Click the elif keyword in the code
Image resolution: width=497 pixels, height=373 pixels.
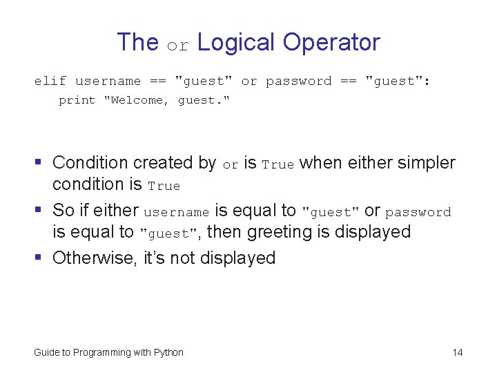click(50, 82)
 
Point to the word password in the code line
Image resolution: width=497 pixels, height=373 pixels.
click(299, 82)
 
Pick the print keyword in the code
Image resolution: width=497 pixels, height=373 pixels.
click(77, 101)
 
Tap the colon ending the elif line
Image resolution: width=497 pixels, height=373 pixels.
click(427, 82)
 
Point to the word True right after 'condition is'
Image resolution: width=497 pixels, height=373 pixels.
click(164, 186)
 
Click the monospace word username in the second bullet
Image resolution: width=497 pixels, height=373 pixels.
click(176, 213)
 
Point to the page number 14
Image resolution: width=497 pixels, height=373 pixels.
click(458, 353)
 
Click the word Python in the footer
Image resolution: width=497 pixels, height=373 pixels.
click(168, 353)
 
